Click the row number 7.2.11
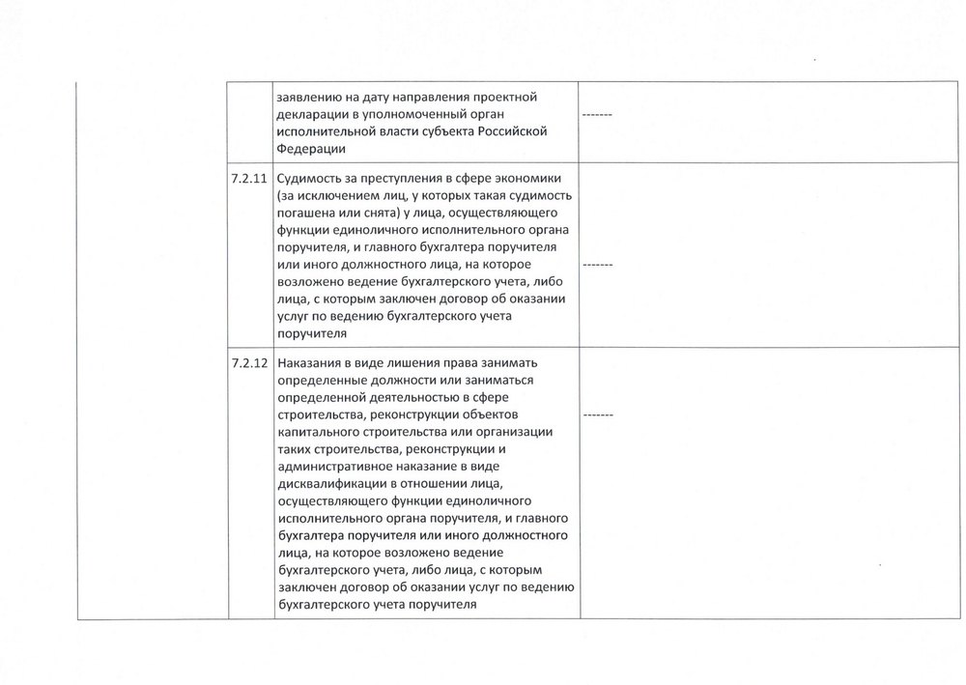point(248,180)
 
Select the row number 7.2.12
point(248,363)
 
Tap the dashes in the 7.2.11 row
point(599,262)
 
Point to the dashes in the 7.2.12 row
point(599,414)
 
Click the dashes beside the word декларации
point(599,117)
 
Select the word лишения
point(396,363)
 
